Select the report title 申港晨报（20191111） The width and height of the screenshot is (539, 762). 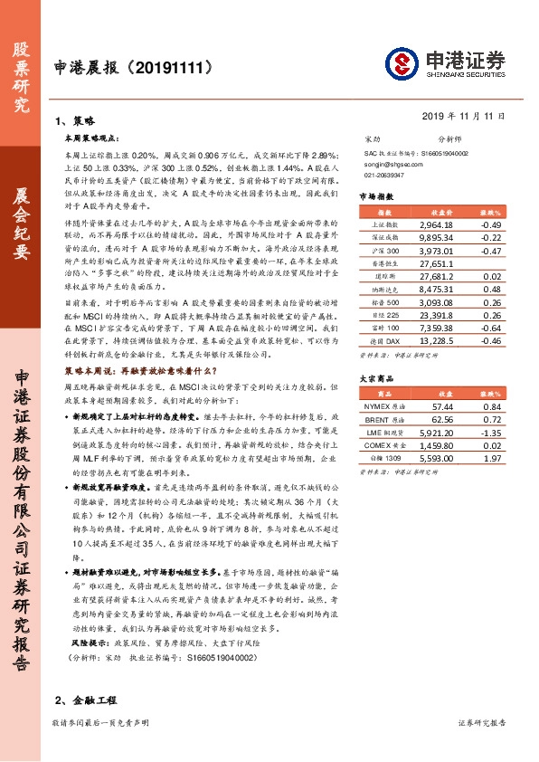(x=139, y=67)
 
